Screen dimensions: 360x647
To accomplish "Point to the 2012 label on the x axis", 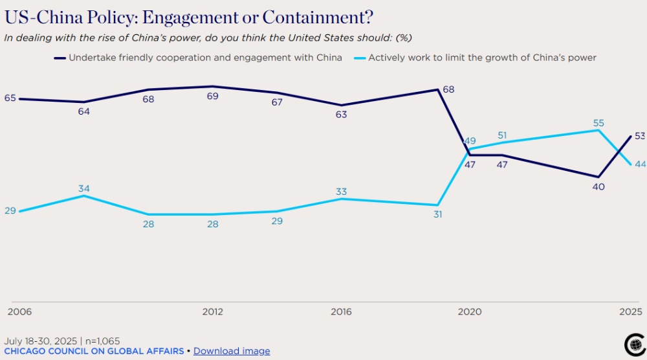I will [212, 312].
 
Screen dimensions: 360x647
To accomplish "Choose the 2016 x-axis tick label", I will [341, 312].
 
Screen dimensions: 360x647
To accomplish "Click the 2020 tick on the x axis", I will [470, 312].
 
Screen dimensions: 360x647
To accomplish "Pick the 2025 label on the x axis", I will [630, 312].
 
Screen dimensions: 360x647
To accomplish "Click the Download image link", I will [232, 351].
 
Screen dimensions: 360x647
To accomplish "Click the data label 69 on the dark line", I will [212, 96].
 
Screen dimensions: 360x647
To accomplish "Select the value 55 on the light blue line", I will [598, 123].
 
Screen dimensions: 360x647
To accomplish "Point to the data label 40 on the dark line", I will [598, 186].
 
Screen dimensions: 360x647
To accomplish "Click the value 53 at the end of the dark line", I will [640, 136].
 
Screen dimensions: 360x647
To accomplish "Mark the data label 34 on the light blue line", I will [83, 188].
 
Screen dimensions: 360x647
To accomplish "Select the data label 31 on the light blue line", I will [437, 214].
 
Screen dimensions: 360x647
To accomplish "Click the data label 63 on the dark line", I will [341, 115].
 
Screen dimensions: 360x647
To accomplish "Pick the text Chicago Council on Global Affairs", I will [94, 351].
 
